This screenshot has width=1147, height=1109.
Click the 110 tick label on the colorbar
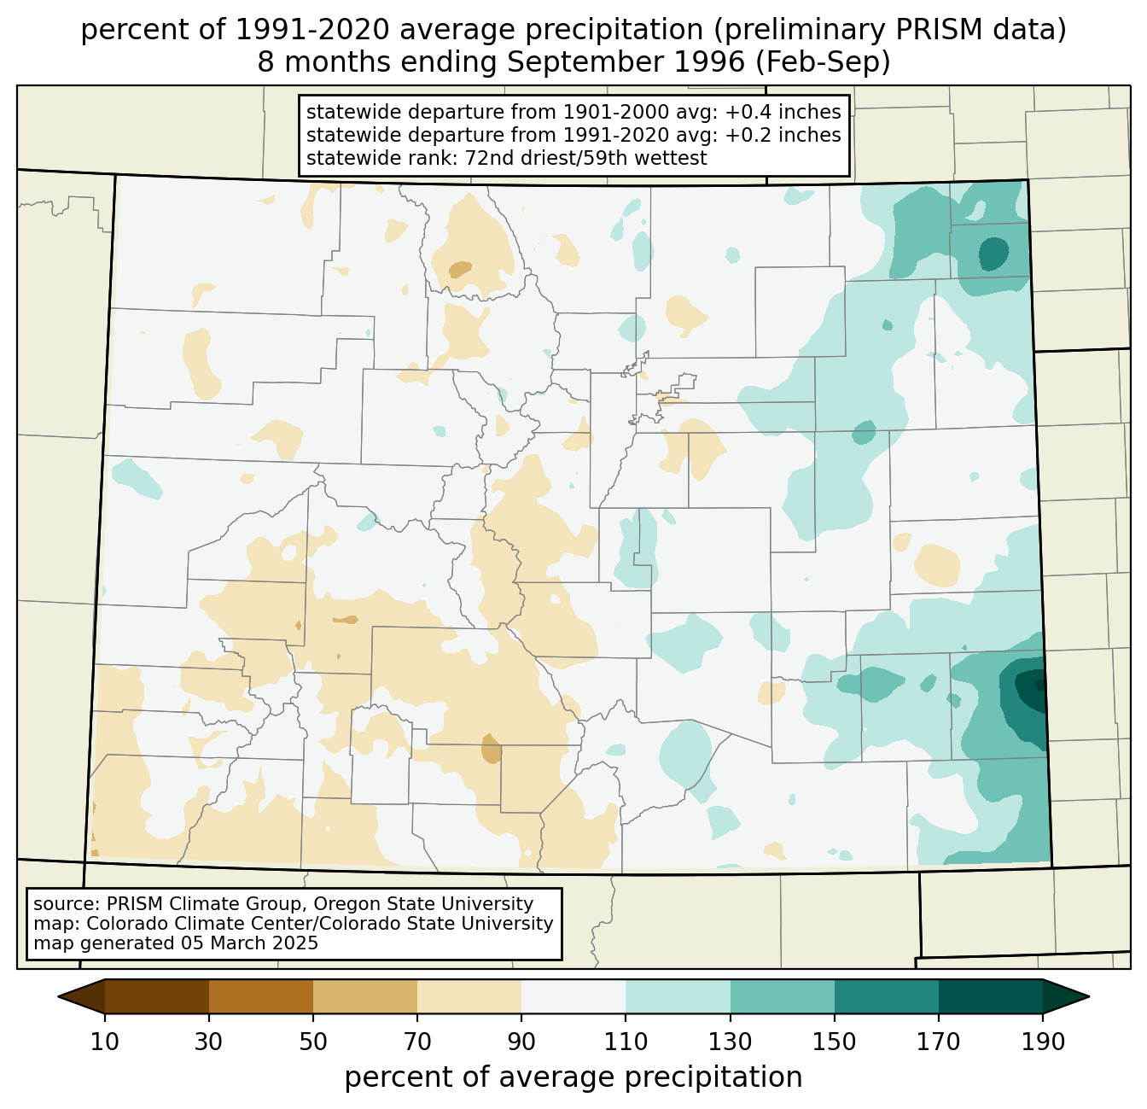point(626,1042)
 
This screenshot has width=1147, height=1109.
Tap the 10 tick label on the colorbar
point(105,1042)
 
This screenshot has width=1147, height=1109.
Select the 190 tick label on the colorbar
point(1042,1042)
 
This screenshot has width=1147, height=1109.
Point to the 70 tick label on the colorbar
point(417,1042)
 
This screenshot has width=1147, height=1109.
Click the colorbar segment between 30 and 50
point(261,996)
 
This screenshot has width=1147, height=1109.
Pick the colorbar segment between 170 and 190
point(990,996)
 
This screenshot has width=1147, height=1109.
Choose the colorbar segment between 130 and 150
point(782,996)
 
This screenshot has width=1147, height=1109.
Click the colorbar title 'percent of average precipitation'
point(573,1077)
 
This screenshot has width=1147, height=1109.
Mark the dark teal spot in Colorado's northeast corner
point(993,254)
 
